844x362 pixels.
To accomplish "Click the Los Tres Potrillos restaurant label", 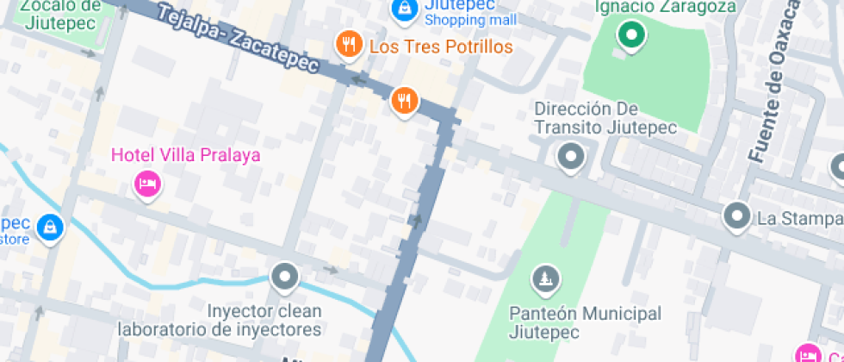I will (x=440, y=47).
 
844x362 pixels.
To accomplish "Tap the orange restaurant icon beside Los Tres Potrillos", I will (x=348, y=45).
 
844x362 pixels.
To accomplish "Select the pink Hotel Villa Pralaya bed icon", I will (x=146, y=184).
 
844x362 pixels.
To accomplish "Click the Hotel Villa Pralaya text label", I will (x=185, y=156).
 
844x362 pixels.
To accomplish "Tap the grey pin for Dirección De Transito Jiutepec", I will (x=570, y=158).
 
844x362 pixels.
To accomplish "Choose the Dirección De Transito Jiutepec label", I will (x=605, y=118).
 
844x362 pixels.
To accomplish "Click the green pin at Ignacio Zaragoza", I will (x=632, y=36).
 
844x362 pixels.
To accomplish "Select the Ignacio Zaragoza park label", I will (x=667, y=7).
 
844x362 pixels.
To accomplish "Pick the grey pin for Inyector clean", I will (x=284, y=278).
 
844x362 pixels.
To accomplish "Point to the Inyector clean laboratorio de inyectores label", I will (x=220, y=320).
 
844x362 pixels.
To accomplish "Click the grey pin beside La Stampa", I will (x=737, y=215).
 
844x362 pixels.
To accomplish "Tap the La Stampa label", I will (x=799, y=218).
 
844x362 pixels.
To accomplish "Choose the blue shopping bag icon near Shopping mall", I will (x=402, y=9).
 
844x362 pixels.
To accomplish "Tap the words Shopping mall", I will (x=470, y=20).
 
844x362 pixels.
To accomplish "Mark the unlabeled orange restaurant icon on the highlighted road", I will (x=404, y=101).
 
